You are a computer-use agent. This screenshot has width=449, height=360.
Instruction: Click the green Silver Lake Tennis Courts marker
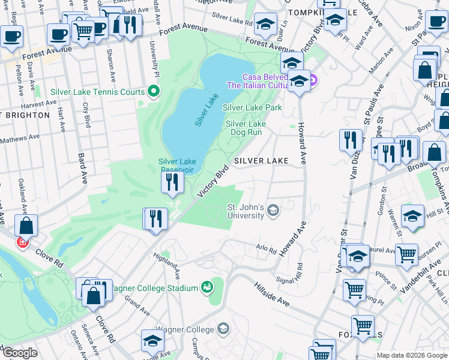pos(154,92)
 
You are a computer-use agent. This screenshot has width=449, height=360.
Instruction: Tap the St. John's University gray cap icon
pos(273,209)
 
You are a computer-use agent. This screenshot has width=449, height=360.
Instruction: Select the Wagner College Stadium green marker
pos(207,288)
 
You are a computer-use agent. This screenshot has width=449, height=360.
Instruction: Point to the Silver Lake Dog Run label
pos(245,128)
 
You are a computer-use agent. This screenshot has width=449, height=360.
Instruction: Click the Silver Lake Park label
pos(252,107)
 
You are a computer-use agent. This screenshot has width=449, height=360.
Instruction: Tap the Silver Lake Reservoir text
pos(176,165)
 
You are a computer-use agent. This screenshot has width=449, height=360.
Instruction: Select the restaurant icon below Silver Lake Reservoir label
pos(172,182)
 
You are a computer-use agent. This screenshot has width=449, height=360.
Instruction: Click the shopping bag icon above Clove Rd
pos(26,227)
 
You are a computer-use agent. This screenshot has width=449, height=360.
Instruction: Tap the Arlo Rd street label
pos(265,249)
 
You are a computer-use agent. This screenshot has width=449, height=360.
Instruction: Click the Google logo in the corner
pos(20,353)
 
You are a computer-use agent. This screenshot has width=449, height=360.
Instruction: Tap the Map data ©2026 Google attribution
pos(411,355)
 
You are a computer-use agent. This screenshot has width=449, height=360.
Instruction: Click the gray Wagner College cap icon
pos(223,329)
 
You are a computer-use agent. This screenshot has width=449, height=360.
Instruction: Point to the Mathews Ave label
pos(20,137)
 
